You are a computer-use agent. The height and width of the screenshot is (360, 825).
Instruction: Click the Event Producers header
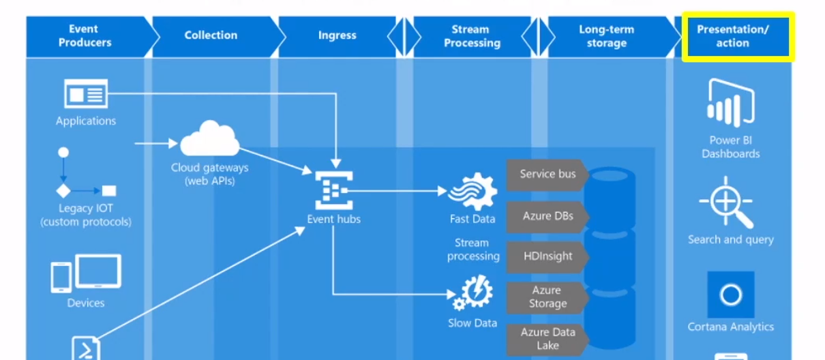click(x=83, y=36)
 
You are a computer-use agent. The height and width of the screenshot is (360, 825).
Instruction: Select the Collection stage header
click(x=211, y=35)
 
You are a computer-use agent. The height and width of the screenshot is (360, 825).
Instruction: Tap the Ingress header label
click(x=337, y=35)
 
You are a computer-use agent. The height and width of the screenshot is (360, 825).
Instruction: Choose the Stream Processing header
click(x=472, y=36)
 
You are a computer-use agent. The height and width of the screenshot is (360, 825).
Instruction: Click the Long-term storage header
click(x=606, y=36)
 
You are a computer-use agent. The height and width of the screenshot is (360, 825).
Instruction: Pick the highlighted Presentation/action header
click(x=737, y=36)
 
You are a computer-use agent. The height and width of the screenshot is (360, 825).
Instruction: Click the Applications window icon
click(x=85, y=94)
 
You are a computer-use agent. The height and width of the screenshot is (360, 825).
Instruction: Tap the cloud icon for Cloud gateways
click(x=209, y=139)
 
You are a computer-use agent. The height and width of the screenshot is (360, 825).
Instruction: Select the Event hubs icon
click(x=333, y=190)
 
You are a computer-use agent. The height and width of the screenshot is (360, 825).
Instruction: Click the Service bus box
click(x=547, y=175)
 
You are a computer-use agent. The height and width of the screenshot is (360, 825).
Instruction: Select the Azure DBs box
click(x=547, y=216)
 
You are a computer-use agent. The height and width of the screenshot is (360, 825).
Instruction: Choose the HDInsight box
click(x=547, y=257)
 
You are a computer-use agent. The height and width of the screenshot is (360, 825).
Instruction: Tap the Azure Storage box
click(x=547, y=297)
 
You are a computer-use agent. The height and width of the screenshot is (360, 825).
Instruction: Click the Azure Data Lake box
click(x=547, y=339)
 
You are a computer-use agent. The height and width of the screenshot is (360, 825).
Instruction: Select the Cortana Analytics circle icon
click(x=730, y=295)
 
